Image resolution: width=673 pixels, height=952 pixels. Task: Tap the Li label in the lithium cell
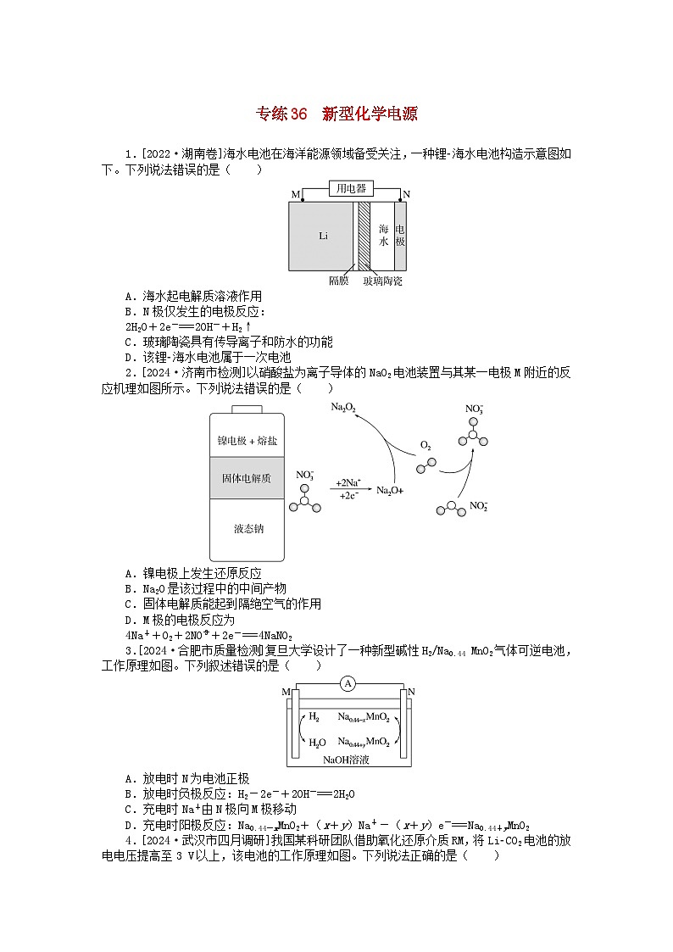pyautogui.click(x=323, y=236)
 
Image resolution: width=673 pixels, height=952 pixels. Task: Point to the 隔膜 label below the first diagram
pyautogui.click(x=338, y=280)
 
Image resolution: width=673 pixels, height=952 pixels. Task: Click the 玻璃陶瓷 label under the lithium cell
pyautogui.click(x=382, y=280)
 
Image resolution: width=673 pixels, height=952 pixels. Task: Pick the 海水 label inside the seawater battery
pyautogui.click(x=383, y=235)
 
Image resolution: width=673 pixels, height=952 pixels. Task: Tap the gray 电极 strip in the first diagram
pyautogui.click(x=401, y=235)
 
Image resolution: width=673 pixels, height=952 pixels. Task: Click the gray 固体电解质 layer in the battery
pyautogui.click(x=247, y=478)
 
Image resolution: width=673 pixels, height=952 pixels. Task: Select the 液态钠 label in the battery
pyautogui.click(x=248, y=529)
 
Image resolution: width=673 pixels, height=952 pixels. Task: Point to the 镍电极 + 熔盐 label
pyautogui.click(x=247, y=440)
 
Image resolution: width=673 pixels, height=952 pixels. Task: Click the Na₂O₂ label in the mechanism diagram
pyautogui.click(x=343, y=409)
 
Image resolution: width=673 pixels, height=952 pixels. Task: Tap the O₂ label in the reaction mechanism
pyautogui.click(x=425, y=445)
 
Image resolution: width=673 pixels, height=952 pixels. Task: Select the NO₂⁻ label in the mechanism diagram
pyautogui.click(x=478, y=506)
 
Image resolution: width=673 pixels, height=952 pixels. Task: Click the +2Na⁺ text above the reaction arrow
pyautogui.click(x=349, y=480)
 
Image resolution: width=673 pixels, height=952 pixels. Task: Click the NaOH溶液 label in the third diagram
pyautogui.click(x=346, y=760)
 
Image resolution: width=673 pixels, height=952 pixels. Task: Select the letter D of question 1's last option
pyautogui.click(x=128, y=357)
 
